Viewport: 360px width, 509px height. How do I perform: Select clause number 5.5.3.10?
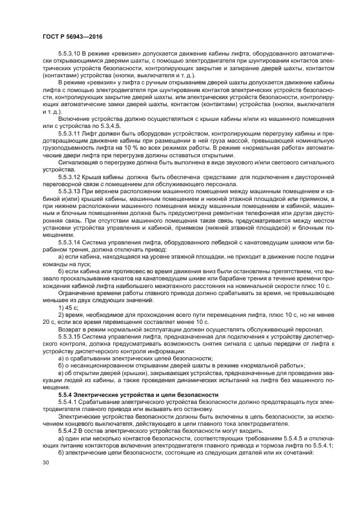(x=71, y=53)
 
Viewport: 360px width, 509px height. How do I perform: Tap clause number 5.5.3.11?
(x=71, y=133)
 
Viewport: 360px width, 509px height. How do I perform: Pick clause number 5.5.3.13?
(x=71, y=192)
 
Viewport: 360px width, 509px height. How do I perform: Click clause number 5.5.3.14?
(x=71, y=241)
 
